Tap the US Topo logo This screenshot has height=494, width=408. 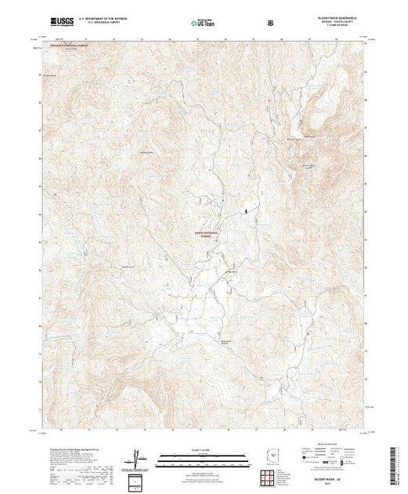point(204,23)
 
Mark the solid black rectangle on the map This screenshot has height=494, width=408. point(249,210)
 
